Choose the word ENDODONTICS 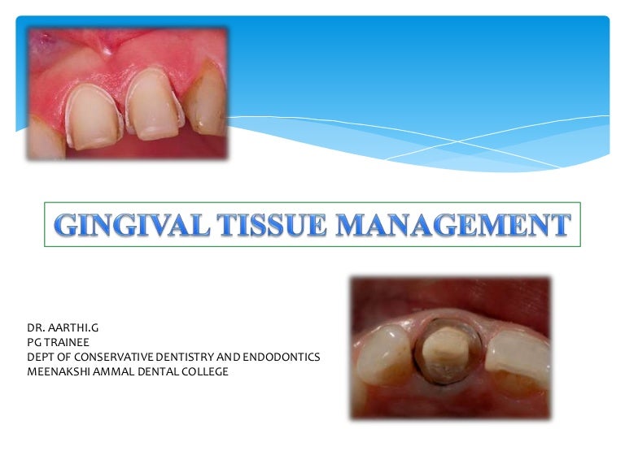click(x=278, y=357)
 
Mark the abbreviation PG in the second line click(x=34, y=343)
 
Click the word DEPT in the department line click(x=40, y=357)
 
